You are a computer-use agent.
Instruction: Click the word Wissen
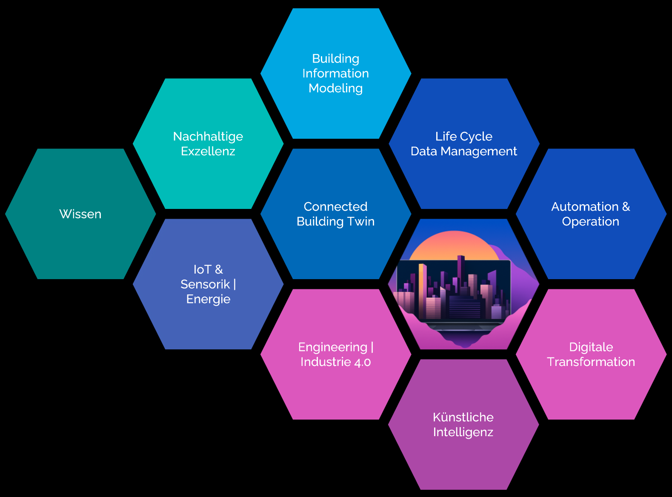[x=80, y=214]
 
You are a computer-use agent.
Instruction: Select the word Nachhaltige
[x=208, y=137]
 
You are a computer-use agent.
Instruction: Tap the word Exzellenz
[x=208, y=151]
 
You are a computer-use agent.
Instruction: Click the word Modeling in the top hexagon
[x=336, y=89]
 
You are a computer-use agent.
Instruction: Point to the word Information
[x=336, y=74]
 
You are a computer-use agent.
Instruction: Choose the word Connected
[x=336, y=207]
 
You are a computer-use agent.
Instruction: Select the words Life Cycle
[x=464, y=137]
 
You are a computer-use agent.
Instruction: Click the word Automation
[x=585, y=207]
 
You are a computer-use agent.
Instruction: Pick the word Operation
[x=591, y=222]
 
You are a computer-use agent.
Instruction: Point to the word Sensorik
[x=205, y=284]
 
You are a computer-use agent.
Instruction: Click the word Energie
[x=208, y=299]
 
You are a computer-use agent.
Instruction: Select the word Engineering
[x=332, y=347]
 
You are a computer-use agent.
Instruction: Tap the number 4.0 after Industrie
[x=362, y=362]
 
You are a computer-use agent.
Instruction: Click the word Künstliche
[x=463, y=417]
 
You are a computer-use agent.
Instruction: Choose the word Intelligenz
[x=463, y=432]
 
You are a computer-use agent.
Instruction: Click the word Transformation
[x=591, y=362]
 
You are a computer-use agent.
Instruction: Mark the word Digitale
[x=591, y=347]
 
